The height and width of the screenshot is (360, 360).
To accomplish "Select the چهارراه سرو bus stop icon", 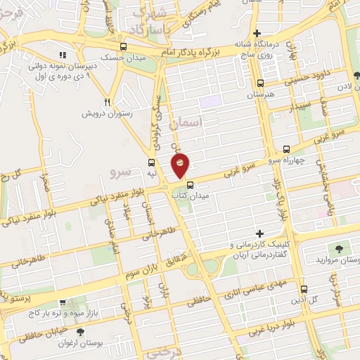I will point(285,149).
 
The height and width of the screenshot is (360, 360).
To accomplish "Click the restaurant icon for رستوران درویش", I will point(108,102).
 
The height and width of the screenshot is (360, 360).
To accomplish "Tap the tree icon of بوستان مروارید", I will point(340,249).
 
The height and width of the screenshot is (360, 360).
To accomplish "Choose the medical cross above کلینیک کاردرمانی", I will point(260,233).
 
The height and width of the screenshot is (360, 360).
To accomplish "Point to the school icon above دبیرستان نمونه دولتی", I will point(63,55).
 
